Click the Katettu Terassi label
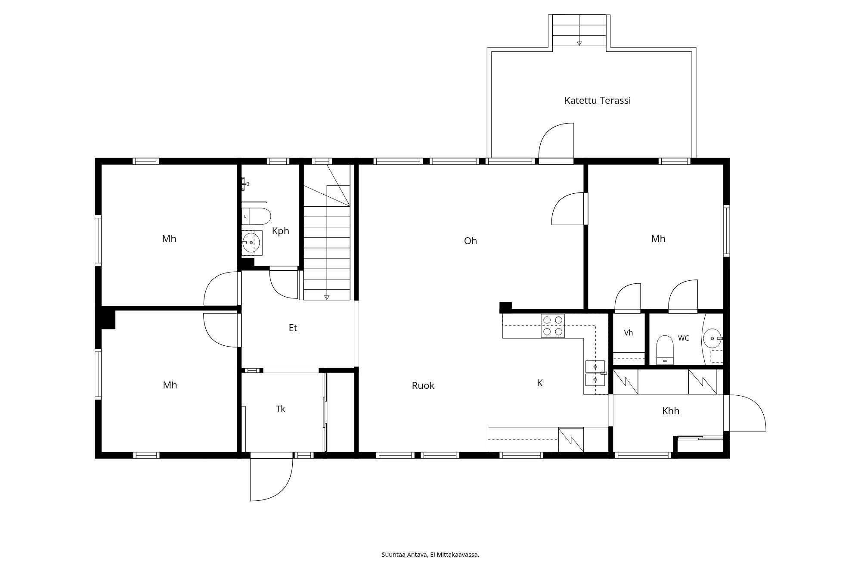[598, 101]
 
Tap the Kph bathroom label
[281, 231]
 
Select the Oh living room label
[471, 241]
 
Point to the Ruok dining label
[423, 386]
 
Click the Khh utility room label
[671, 411]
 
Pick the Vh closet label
[629, 333]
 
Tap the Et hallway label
[293, 328]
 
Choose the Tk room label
[281, 409]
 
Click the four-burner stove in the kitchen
[553, 326]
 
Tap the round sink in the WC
[712, 338]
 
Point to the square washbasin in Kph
[251, 243]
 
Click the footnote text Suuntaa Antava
[405, 555]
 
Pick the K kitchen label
[540, 383]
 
